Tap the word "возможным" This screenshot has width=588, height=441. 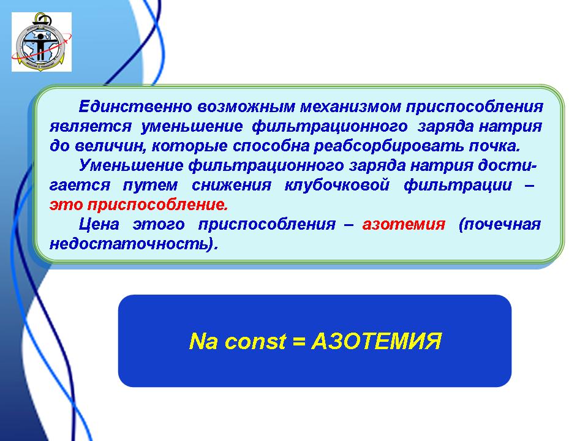click(x=246, y=107)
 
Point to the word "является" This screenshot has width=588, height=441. click(x=91, y=126)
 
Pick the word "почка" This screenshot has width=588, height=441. click(x=495, y=146)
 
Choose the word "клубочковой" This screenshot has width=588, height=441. click(x=337, y=185)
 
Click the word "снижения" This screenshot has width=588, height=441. click(x=232, y=185)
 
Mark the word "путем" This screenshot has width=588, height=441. click(x=151, y=185)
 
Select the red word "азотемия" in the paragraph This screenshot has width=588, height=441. click(x=404, y=224)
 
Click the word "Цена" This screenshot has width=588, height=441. click(x=99, y=224)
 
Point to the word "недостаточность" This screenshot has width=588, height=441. click(x=134, y=244)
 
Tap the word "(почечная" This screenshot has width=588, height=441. click(x=500, y=224)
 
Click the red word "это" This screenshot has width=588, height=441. click(x=66, y=205)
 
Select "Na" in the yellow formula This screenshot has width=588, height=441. click(x=203, y=341)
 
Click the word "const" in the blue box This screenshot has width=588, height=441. click(x=256, y=342)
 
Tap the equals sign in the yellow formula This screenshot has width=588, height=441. click(x=299, y=342)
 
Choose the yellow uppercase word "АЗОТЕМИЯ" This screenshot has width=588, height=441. click(x=377, y=341)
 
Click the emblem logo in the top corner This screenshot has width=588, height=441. click(x=42, y=42)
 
